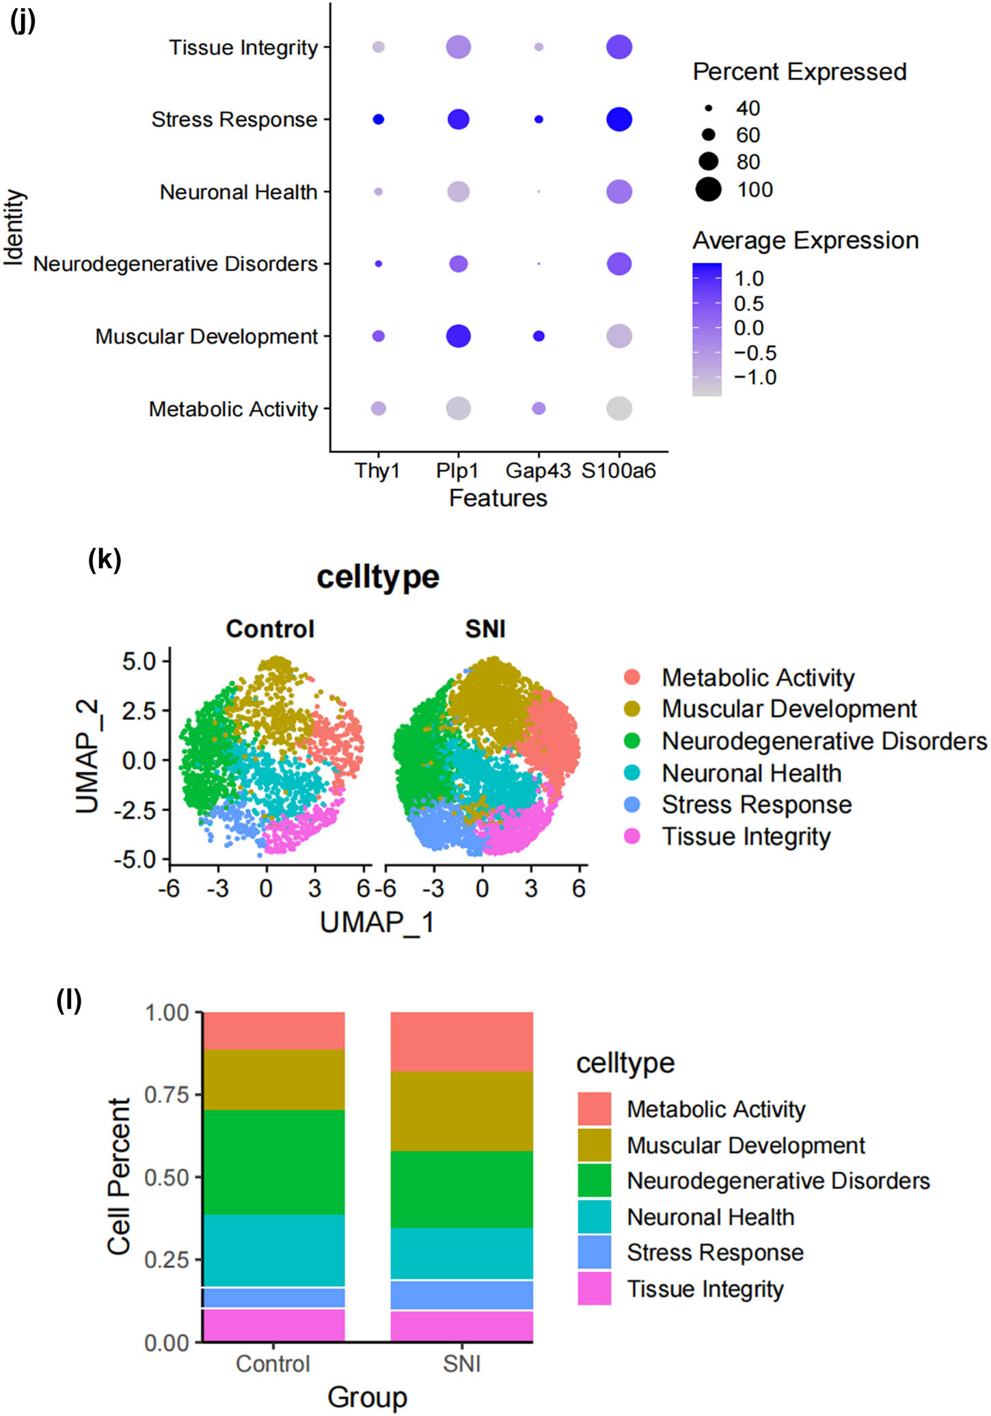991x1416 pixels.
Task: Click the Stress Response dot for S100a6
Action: point(619,120)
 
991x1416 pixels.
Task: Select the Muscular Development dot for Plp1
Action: point(458,336)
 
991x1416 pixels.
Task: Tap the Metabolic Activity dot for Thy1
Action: point(378,408)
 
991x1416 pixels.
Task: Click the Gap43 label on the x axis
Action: point(538,471)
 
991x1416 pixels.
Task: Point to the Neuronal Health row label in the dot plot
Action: point(239,192)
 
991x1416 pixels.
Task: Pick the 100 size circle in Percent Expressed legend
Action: point(709,189)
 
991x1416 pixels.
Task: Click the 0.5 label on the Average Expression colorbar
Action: point(748,303)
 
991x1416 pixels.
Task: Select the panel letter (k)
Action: point(105,559)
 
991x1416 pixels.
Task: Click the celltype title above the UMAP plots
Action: point(377,577)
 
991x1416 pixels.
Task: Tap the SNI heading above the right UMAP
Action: point(485,628)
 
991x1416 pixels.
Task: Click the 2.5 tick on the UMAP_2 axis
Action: point(139,710)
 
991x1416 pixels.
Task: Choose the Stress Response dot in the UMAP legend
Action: point(632,805)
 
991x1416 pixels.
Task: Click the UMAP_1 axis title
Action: point(377,922)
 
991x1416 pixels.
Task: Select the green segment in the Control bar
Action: point(273,1161)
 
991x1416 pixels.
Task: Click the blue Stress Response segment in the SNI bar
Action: point(461,1295)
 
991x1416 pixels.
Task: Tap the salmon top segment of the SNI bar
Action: point(461,1041)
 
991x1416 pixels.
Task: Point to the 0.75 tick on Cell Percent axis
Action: point(166,1095)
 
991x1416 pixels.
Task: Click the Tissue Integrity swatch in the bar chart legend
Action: point(594,1288)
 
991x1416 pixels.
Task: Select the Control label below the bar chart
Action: point(273,1363)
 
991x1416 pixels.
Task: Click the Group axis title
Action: point(367,1397)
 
